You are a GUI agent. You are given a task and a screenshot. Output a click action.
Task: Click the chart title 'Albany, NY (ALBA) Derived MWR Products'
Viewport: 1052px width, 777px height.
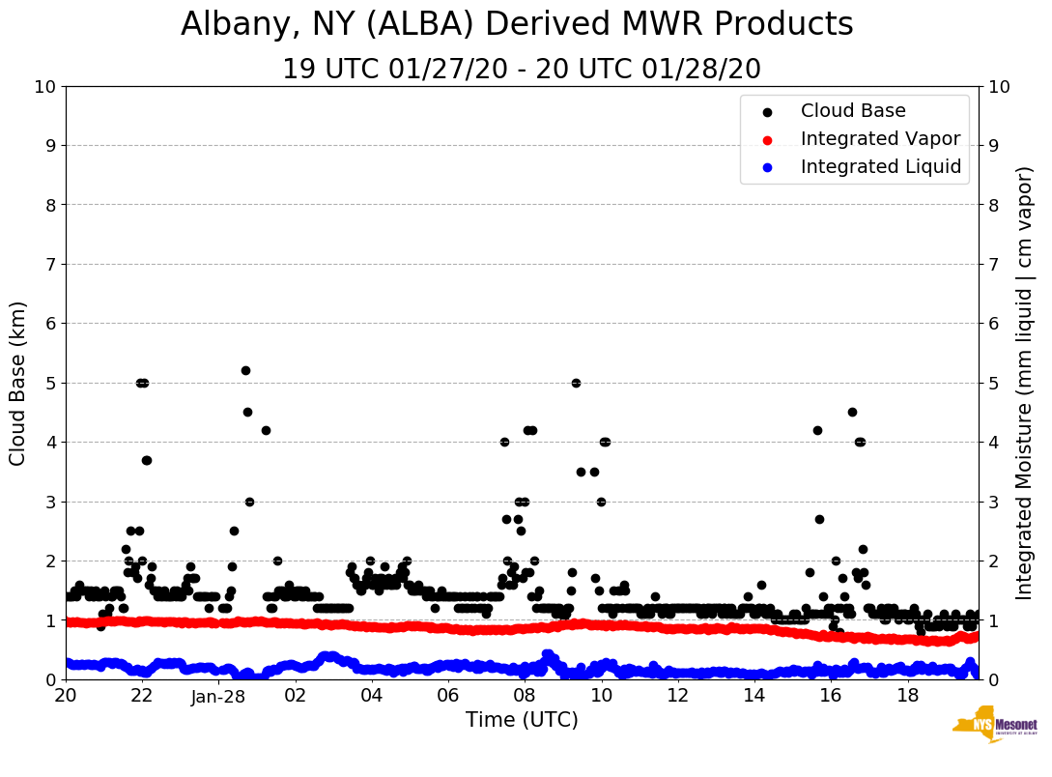pos(517,24)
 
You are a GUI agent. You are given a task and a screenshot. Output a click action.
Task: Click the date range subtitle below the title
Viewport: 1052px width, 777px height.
pos(521,70)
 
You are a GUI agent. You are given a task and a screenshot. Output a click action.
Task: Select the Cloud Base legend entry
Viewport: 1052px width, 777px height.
pos(853,111)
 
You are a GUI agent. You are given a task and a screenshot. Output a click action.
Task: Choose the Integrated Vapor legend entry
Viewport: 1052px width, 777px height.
pos(880,139)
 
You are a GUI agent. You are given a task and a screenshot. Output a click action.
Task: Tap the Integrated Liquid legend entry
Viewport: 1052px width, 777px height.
pos(881,167)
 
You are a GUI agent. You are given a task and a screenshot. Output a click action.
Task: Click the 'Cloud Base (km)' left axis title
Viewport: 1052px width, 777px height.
pos(18,383)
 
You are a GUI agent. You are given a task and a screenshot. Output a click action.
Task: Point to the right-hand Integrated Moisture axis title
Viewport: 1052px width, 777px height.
pos(1025,383)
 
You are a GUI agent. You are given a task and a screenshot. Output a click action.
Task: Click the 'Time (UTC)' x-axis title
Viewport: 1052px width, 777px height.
pos(522,720)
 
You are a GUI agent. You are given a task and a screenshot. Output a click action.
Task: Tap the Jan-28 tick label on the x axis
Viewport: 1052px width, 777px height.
pos(218,696)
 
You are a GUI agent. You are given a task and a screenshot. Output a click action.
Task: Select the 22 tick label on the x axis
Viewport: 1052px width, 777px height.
pos(142,696)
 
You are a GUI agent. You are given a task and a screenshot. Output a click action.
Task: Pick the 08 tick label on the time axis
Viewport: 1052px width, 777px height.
pos(525,696)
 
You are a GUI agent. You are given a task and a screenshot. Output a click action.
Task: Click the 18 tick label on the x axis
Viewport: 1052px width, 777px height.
pos(906,696)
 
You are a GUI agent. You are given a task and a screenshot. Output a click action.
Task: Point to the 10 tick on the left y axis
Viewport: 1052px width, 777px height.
pos(44,86)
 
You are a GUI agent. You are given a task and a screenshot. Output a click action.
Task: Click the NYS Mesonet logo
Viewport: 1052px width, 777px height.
pos(994,727)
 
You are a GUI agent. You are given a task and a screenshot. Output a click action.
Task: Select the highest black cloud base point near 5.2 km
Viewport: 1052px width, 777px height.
pos(245,370)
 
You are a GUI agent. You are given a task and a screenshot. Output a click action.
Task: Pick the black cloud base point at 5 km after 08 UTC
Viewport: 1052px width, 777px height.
pos(576,383)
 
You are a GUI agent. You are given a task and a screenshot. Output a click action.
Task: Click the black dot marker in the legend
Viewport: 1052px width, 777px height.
pos(767,112)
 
